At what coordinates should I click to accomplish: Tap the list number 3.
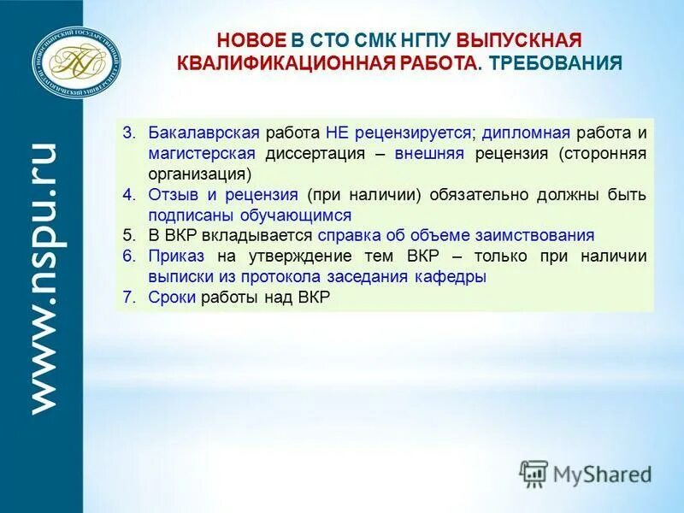(x=129, y=133)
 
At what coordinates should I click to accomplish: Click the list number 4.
(x=129, y=195)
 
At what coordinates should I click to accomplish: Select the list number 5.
(x=129, y=236)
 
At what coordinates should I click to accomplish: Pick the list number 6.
(x=129, y=256)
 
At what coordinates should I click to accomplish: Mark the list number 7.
(x=129, y=298)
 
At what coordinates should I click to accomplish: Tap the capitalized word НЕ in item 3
(x=336, y=133)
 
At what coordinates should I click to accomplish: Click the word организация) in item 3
(x=199, y=174)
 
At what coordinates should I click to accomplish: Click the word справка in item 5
(x=346, y=236)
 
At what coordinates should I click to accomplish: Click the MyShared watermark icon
(x=534, y=474)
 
